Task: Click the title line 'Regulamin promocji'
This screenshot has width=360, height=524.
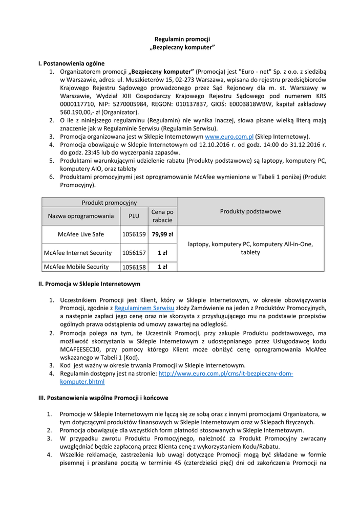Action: pyautogui.click(x=183, y=39)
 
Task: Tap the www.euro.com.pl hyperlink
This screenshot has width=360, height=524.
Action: pyautogui.click(x=229, y=137)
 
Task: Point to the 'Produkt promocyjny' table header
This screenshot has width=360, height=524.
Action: pyautogui.click(x=109, y=203)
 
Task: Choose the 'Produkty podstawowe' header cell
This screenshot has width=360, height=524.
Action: pyautogui.click(x=250, y=211)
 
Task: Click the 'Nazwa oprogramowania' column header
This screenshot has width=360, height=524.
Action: pyautogui.click(x=81, y=216)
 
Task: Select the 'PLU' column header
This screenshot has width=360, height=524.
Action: pyautogui.click(x=134, y=216)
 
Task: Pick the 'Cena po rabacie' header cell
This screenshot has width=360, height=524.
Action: pyautogui.click(x=162, y=216)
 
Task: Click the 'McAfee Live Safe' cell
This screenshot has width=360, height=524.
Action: pyautogui.click(x=81, y=234)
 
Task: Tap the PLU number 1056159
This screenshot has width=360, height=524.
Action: pyautogui.click(x=134, y=234)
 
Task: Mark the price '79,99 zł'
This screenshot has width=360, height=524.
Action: pyautogui.click(x=162, y=234)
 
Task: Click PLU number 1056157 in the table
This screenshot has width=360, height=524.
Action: pyautogui.click(x=134, y=253)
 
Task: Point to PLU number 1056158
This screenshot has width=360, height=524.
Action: pyautogui.click(x=134, y=267)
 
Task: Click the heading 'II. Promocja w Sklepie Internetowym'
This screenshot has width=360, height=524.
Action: pyautogui.click(x=90, y=283)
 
